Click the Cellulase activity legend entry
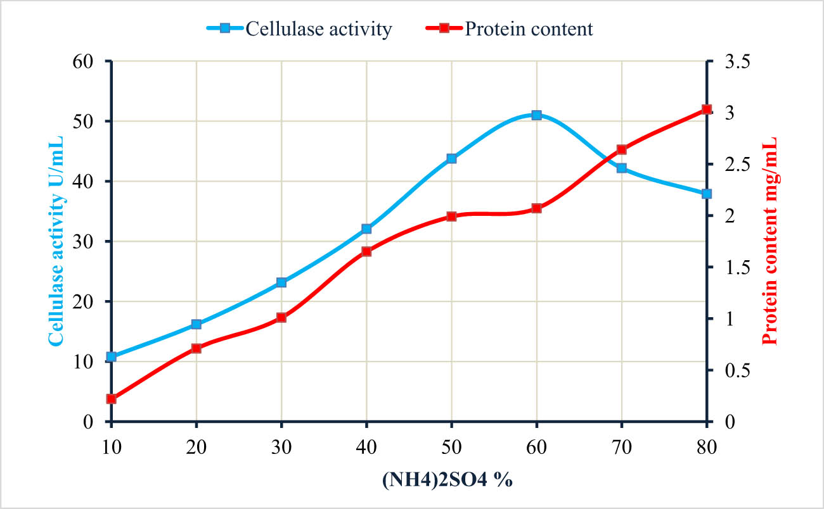(x=299, y=29)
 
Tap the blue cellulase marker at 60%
(x=536, y=115)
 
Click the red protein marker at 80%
(x=707, y=110)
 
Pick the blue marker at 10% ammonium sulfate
(x=112, y=356)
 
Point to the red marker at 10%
(x=112, y=399)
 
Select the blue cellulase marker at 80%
(x=707, y=194)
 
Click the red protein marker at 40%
(x=366, y=251)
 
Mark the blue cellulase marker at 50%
(x=451, y=158)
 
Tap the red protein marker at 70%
(x=621, y=150)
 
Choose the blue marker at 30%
(x=281, y=282)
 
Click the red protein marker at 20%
(x=196, y=348)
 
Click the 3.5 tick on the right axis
(x=734, y=61)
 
